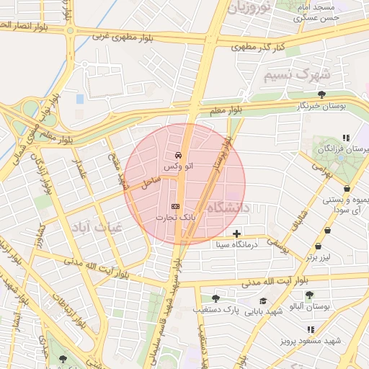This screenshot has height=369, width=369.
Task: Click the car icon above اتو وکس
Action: click(178, 155)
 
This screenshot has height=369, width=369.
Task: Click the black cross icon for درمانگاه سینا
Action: click(237, 233)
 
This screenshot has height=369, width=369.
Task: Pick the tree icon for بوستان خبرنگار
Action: click(321, 94)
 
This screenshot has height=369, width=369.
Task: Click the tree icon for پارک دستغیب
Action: click(215, 298)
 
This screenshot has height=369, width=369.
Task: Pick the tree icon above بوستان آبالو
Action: click(309, 294)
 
